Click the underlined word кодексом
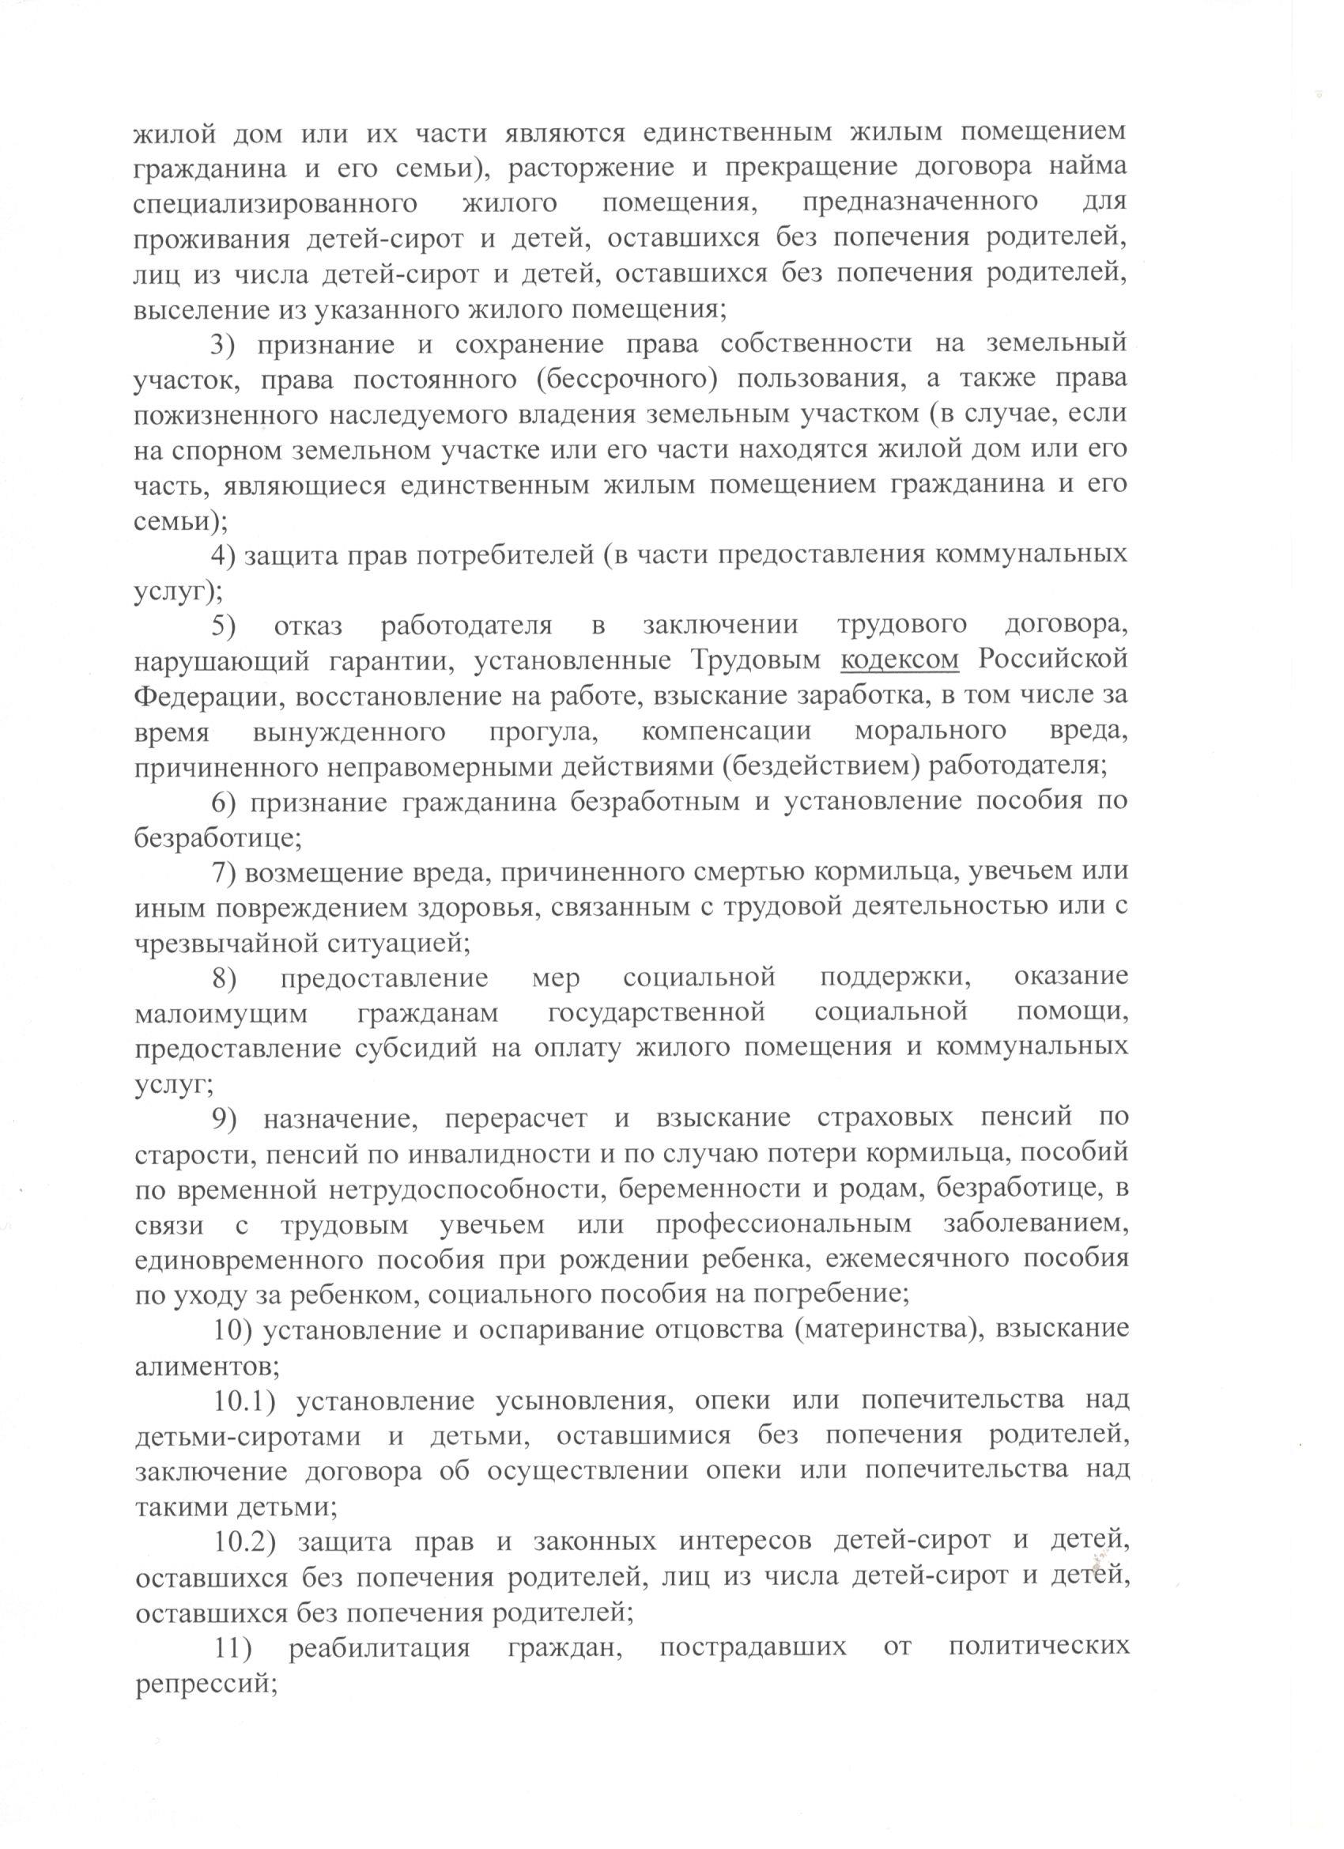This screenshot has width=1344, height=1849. tap(899, 661)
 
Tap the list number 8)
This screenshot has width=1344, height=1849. tap(225, 977)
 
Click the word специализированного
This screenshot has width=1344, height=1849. tap(274, 204)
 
